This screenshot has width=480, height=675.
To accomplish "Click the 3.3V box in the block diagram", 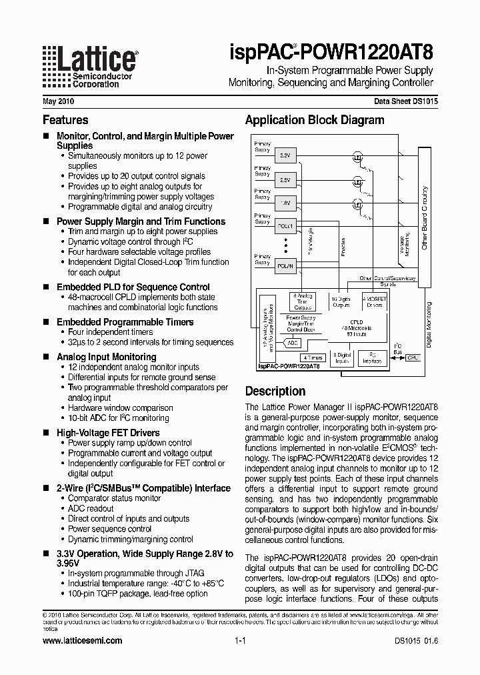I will [284, 155].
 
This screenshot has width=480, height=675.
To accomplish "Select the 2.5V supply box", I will [284, 180].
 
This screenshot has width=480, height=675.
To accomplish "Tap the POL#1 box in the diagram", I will [285, 226].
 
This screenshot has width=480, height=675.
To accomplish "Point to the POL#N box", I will [285, 265].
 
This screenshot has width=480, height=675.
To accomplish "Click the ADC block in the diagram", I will [292, 342].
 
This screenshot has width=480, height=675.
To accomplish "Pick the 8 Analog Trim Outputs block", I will [303, 302].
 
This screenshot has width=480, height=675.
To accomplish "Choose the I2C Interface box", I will [372, 358].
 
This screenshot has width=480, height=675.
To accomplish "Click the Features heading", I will [65, 120].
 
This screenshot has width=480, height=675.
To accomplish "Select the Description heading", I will [275, 391].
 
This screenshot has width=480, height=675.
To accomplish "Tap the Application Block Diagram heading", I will [314, 120].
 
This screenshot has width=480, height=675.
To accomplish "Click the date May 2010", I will [58, 102].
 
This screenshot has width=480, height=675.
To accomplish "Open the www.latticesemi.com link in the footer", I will [82, 640].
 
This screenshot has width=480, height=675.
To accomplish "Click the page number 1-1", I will [241, 640].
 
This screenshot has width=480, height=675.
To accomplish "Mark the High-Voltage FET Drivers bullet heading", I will [107, 433].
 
